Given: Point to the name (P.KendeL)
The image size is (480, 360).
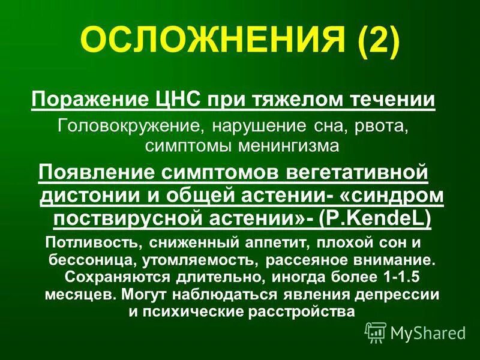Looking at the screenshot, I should pyautogui.click(x=376, y=219).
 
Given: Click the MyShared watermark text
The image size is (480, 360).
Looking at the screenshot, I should pyautogui.click(x=428, y=332).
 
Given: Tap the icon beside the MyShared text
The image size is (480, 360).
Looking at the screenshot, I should pyautogui.click(x=376, y=331).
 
